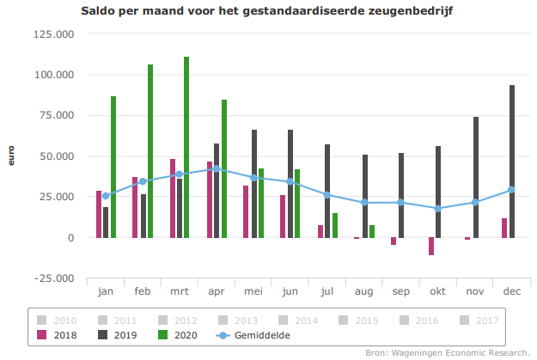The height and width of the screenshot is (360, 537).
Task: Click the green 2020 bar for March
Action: pyautogui.click(x=186, y=147)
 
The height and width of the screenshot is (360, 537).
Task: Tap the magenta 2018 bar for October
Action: pyautogui.click(x=431, y=246)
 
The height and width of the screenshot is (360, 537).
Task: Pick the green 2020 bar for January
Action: pyautogui.click(x=113, y=167)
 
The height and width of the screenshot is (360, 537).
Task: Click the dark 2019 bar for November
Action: pyautogui.click(x=475, y=177)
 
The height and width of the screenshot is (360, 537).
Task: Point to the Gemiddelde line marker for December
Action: pyautogui.click(x=511, y=190)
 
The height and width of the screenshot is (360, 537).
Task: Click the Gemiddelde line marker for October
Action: pyautogui.click(x=438, y=209)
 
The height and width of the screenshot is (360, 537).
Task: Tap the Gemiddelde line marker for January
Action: pyautogui.click(x=106, y=196)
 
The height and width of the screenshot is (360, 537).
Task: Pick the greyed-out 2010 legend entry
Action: pyautogui.click(x=58, y=320)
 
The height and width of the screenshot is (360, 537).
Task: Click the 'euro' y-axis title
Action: pyautogui.click(x=11, y=156)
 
